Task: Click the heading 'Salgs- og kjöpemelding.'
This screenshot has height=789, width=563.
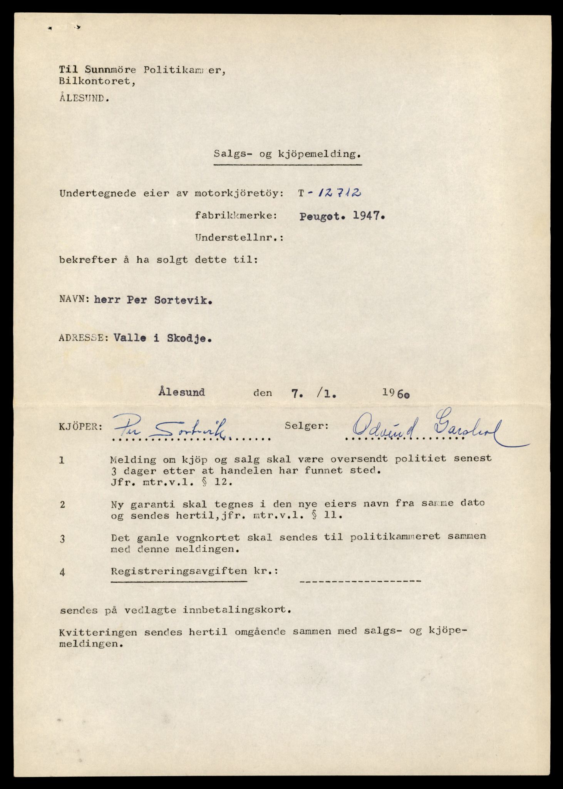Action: (288, 154)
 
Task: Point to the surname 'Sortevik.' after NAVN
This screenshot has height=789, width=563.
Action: (183, 300)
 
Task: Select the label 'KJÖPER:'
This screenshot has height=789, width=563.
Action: (81, 427)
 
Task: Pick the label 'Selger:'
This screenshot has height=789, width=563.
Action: (307, 426)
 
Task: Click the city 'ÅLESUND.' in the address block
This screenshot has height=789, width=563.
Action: (84, 98)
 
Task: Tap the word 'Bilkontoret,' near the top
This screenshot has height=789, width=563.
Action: (97, 82)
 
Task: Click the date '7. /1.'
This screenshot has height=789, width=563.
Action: (312, 393)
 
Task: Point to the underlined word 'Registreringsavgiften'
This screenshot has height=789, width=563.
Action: (179, 571)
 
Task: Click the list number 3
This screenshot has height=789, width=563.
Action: (62, 539)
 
